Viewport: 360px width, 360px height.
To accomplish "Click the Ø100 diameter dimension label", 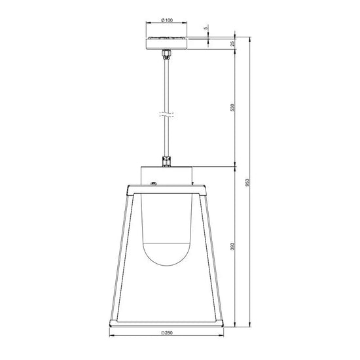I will (x=166, y=20).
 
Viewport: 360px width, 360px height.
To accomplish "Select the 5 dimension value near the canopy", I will (x=205, y=28).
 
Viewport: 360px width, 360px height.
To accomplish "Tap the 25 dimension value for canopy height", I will (x=232, y=43).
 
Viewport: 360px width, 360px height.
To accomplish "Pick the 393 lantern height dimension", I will (x=232, y=247).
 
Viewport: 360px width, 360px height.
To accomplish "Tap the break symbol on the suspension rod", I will (x=166, y=115).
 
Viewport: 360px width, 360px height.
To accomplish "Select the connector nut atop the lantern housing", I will (x=166, y=160).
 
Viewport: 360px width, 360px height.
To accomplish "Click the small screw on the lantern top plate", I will (x=153, y=186).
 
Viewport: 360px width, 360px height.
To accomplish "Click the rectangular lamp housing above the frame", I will (x=166, y=175).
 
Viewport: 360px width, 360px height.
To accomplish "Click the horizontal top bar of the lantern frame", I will (x=166, y=192).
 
